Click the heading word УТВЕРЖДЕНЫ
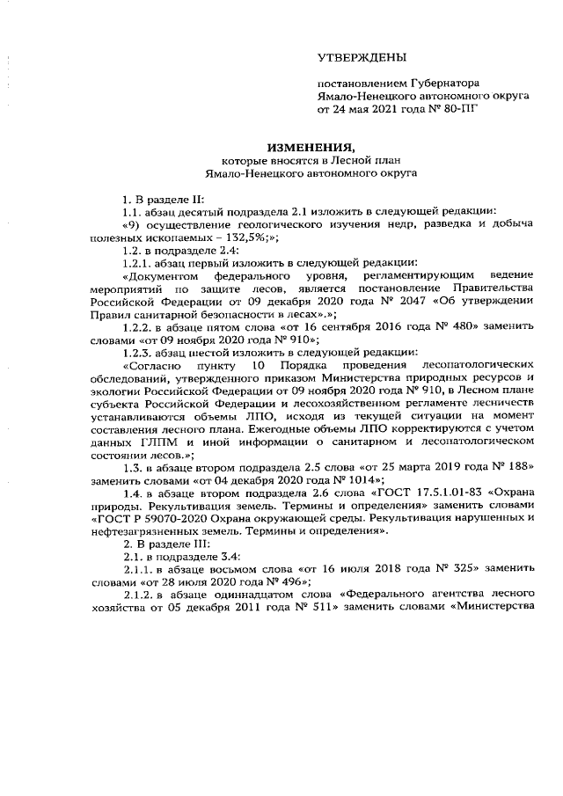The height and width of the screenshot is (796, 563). tap(362, 58)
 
